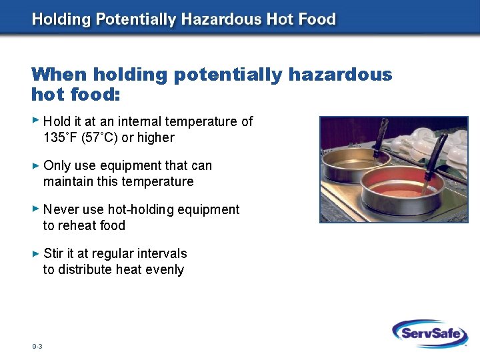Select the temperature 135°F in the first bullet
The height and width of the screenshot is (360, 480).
60,138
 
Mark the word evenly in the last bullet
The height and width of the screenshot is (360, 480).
166,269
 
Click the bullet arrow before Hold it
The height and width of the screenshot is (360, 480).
36,121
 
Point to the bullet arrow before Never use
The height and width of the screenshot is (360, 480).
36,209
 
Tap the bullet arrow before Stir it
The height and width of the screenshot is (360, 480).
36,253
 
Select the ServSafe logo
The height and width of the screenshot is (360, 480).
429,333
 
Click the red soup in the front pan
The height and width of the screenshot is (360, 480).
400,183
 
